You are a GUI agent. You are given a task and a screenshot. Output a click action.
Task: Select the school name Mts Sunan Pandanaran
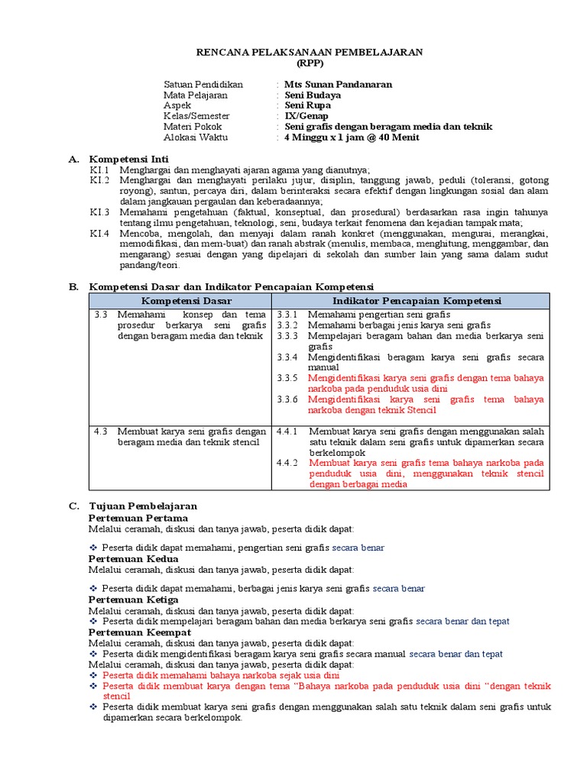[338, 84]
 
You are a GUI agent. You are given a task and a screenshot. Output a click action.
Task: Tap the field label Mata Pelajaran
[196, 95]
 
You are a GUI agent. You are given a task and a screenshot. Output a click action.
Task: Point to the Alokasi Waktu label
[196, 137]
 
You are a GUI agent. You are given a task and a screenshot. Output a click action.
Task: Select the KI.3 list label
[99, 212]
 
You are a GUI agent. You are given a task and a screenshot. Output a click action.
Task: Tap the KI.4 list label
[99, 233]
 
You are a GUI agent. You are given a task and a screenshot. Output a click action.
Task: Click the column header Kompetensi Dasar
[180, 301]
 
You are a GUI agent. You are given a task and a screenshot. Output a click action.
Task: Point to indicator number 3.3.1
[287, 315]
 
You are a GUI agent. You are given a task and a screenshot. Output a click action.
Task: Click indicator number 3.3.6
[287, 399]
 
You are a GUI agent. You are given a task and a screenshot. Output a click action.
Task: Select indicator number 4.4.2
[287, 463]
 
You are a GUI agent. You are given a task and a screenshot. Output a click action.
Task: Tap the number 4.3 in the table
[101, 431]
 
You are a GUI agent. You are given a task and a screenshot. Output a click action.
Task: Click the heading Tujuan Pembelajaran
[143, 506]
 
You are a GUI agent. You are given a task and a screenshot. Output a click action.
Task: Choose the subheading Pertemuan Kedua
[134, 559]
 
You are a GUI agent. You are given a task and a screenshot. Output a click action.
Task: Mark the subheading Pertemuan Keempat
[140, 633]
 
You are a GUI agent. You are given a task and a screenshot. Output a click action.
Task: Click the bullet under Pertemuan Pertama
[94, 548]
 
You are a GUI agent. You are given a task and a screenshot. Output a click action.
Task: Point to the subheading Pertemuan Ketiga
[134, 600]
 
